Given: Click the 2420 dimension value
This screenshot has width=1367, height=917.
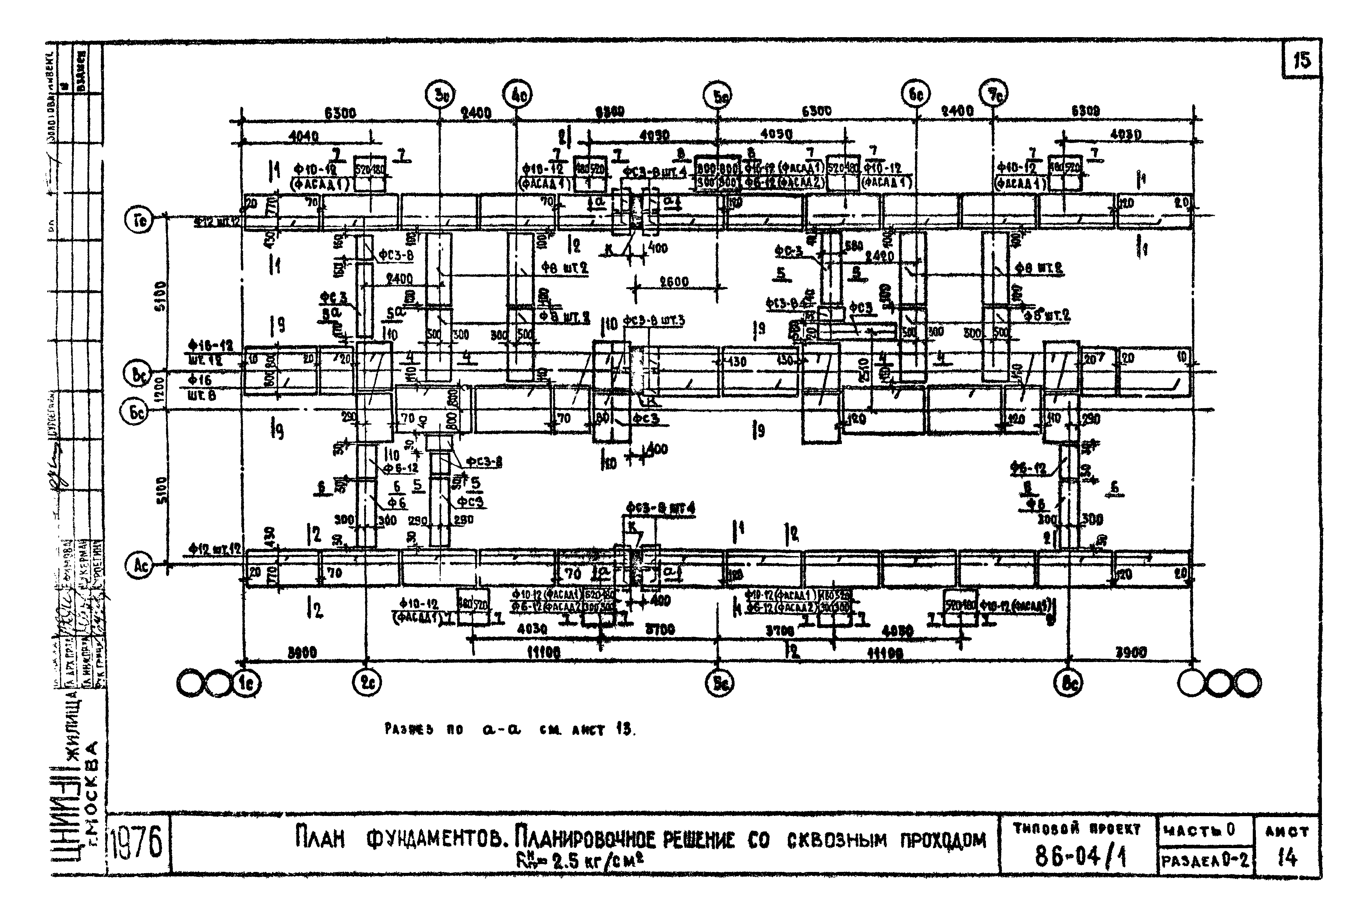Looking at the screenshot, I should pos(879,256).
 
